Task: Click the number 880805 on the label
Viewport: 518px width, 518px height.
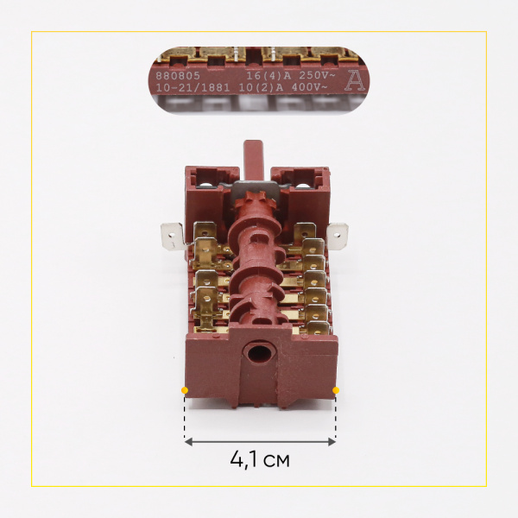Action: tap(176, 76)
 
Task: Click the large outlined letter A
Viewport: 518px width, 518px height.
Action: tap(354, 82)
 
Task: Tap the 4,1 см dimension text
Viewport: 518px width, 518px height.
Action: tap(260, 460)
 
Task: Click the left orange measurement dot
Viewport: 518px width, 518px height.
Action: tap(185, 391)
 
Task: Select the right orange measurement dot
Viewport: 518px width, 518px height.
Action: tap(336, 391)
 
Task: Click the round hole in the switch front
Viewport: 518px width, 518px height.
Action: tap(257, 354)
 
